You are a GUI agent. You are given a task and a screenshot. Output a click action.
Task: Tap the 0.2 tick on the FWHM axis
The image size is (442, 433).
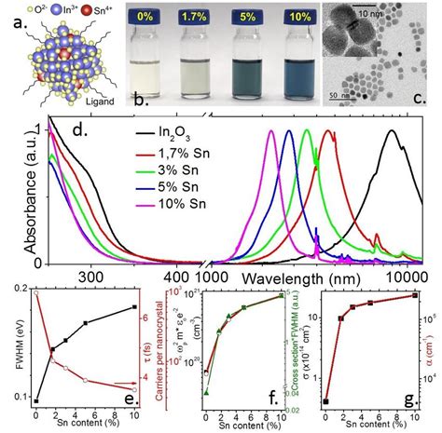coord(20,291)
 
